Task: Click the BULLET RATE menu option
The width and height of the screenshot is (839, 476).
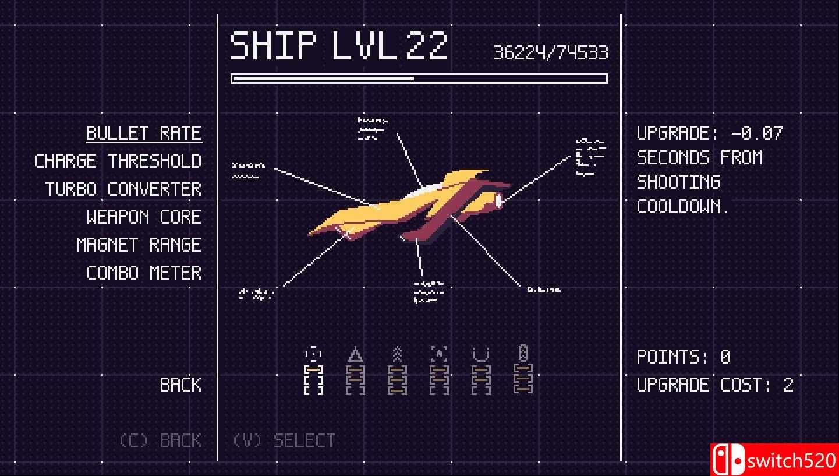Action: click(144, 133)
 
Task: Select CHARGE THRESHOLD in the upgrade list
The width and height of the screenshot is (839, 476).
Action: click(118, 161)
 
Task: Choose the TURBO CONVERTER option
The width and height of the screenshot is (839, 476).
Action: click(123, 189)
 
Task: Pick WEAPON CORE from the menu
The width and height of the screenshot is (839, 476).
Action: click(144, 217)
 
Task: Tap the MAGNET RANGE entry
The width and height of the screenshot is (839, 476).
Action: click(139, 245)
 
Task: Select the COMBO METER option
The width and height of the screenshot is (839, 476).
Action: click(144, 273)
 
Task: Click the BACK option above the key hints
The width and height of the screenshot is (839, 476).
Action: click(180, 385)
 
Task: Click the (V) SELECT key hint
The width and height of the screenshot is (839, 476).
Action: click(284, 441)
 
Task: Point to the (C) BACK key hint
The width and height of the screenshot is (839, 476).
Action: click(160, 441)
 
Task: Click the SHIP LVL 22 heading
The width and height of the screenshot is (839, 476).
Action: click(339, 46)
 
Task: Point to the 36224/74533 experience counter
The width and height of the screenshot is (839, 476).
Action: click(550, 53)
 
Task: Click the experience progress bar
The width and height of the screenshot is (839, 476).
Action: click(419, 79)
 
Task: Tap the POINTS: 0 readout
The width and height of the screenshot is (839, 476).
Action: click(684, 357)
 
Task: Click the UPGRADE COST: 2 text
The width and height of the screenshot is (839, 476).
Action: click(715, 385)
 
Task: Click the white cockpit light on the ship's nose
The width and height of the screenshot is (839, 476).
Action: click(499, 201)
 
